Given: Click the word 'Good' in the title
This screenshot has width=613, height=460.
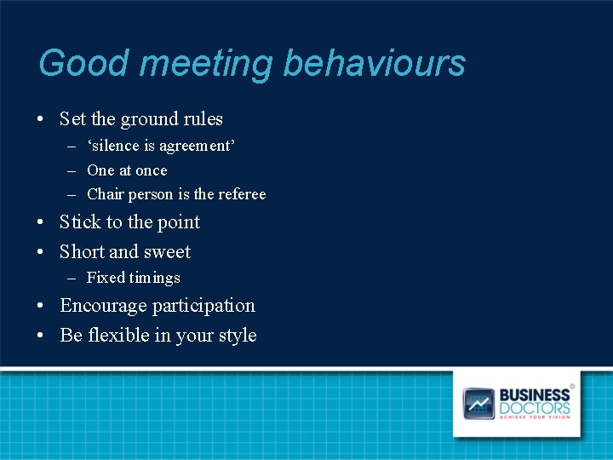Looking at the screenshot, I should (72, 64).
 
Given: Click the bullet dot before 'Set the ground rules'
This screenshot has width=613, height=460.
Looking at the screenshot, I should (42, 119).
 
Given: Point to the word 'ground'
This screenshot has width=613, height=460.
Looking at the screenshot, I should (157, 120).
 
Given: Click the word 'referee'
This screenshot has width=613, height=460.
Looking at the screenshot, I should (242, 194).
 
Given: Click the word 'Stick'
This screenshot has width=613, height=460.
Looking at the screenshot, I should (80, 222).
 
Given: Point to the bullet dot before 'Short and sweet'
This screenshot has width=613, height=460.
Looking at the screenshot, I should (42, 252).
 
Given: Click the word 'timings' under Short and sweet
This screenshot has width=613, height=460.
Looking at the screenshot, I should (155, 278).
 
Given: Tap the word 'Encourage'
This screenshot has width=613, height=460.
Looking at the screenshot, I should (103, 306).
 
